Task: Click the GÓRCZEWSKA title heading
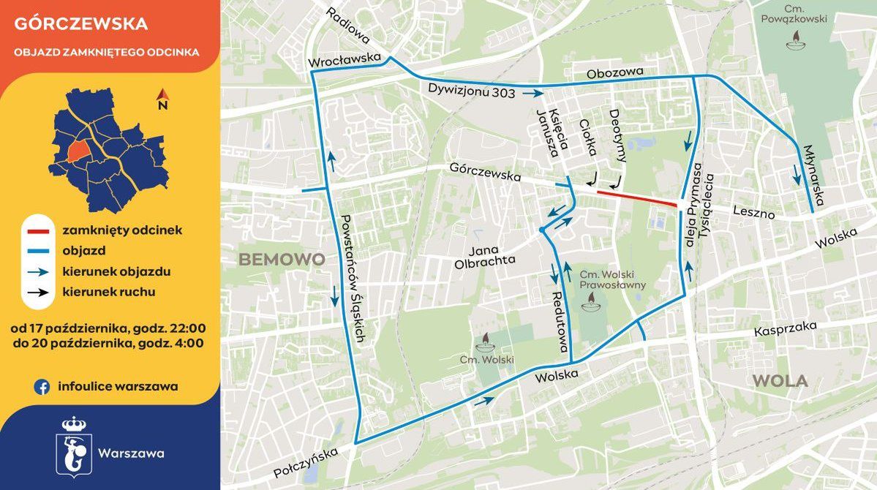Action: [81, 23]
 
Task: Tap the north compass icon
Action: [163, 97]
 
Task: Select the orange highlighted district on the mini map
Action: [77, 151]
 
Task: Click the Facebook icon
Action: [42, 386]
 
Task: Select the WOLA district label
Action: [780, 381]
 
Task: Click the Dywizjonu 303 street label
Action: [473, 91]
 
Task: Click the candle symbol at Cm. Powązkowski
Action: [794, 44]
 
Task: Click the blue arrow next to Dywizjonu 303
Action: [534, 94]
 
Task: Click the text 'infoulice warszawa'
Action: [118, 386]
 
